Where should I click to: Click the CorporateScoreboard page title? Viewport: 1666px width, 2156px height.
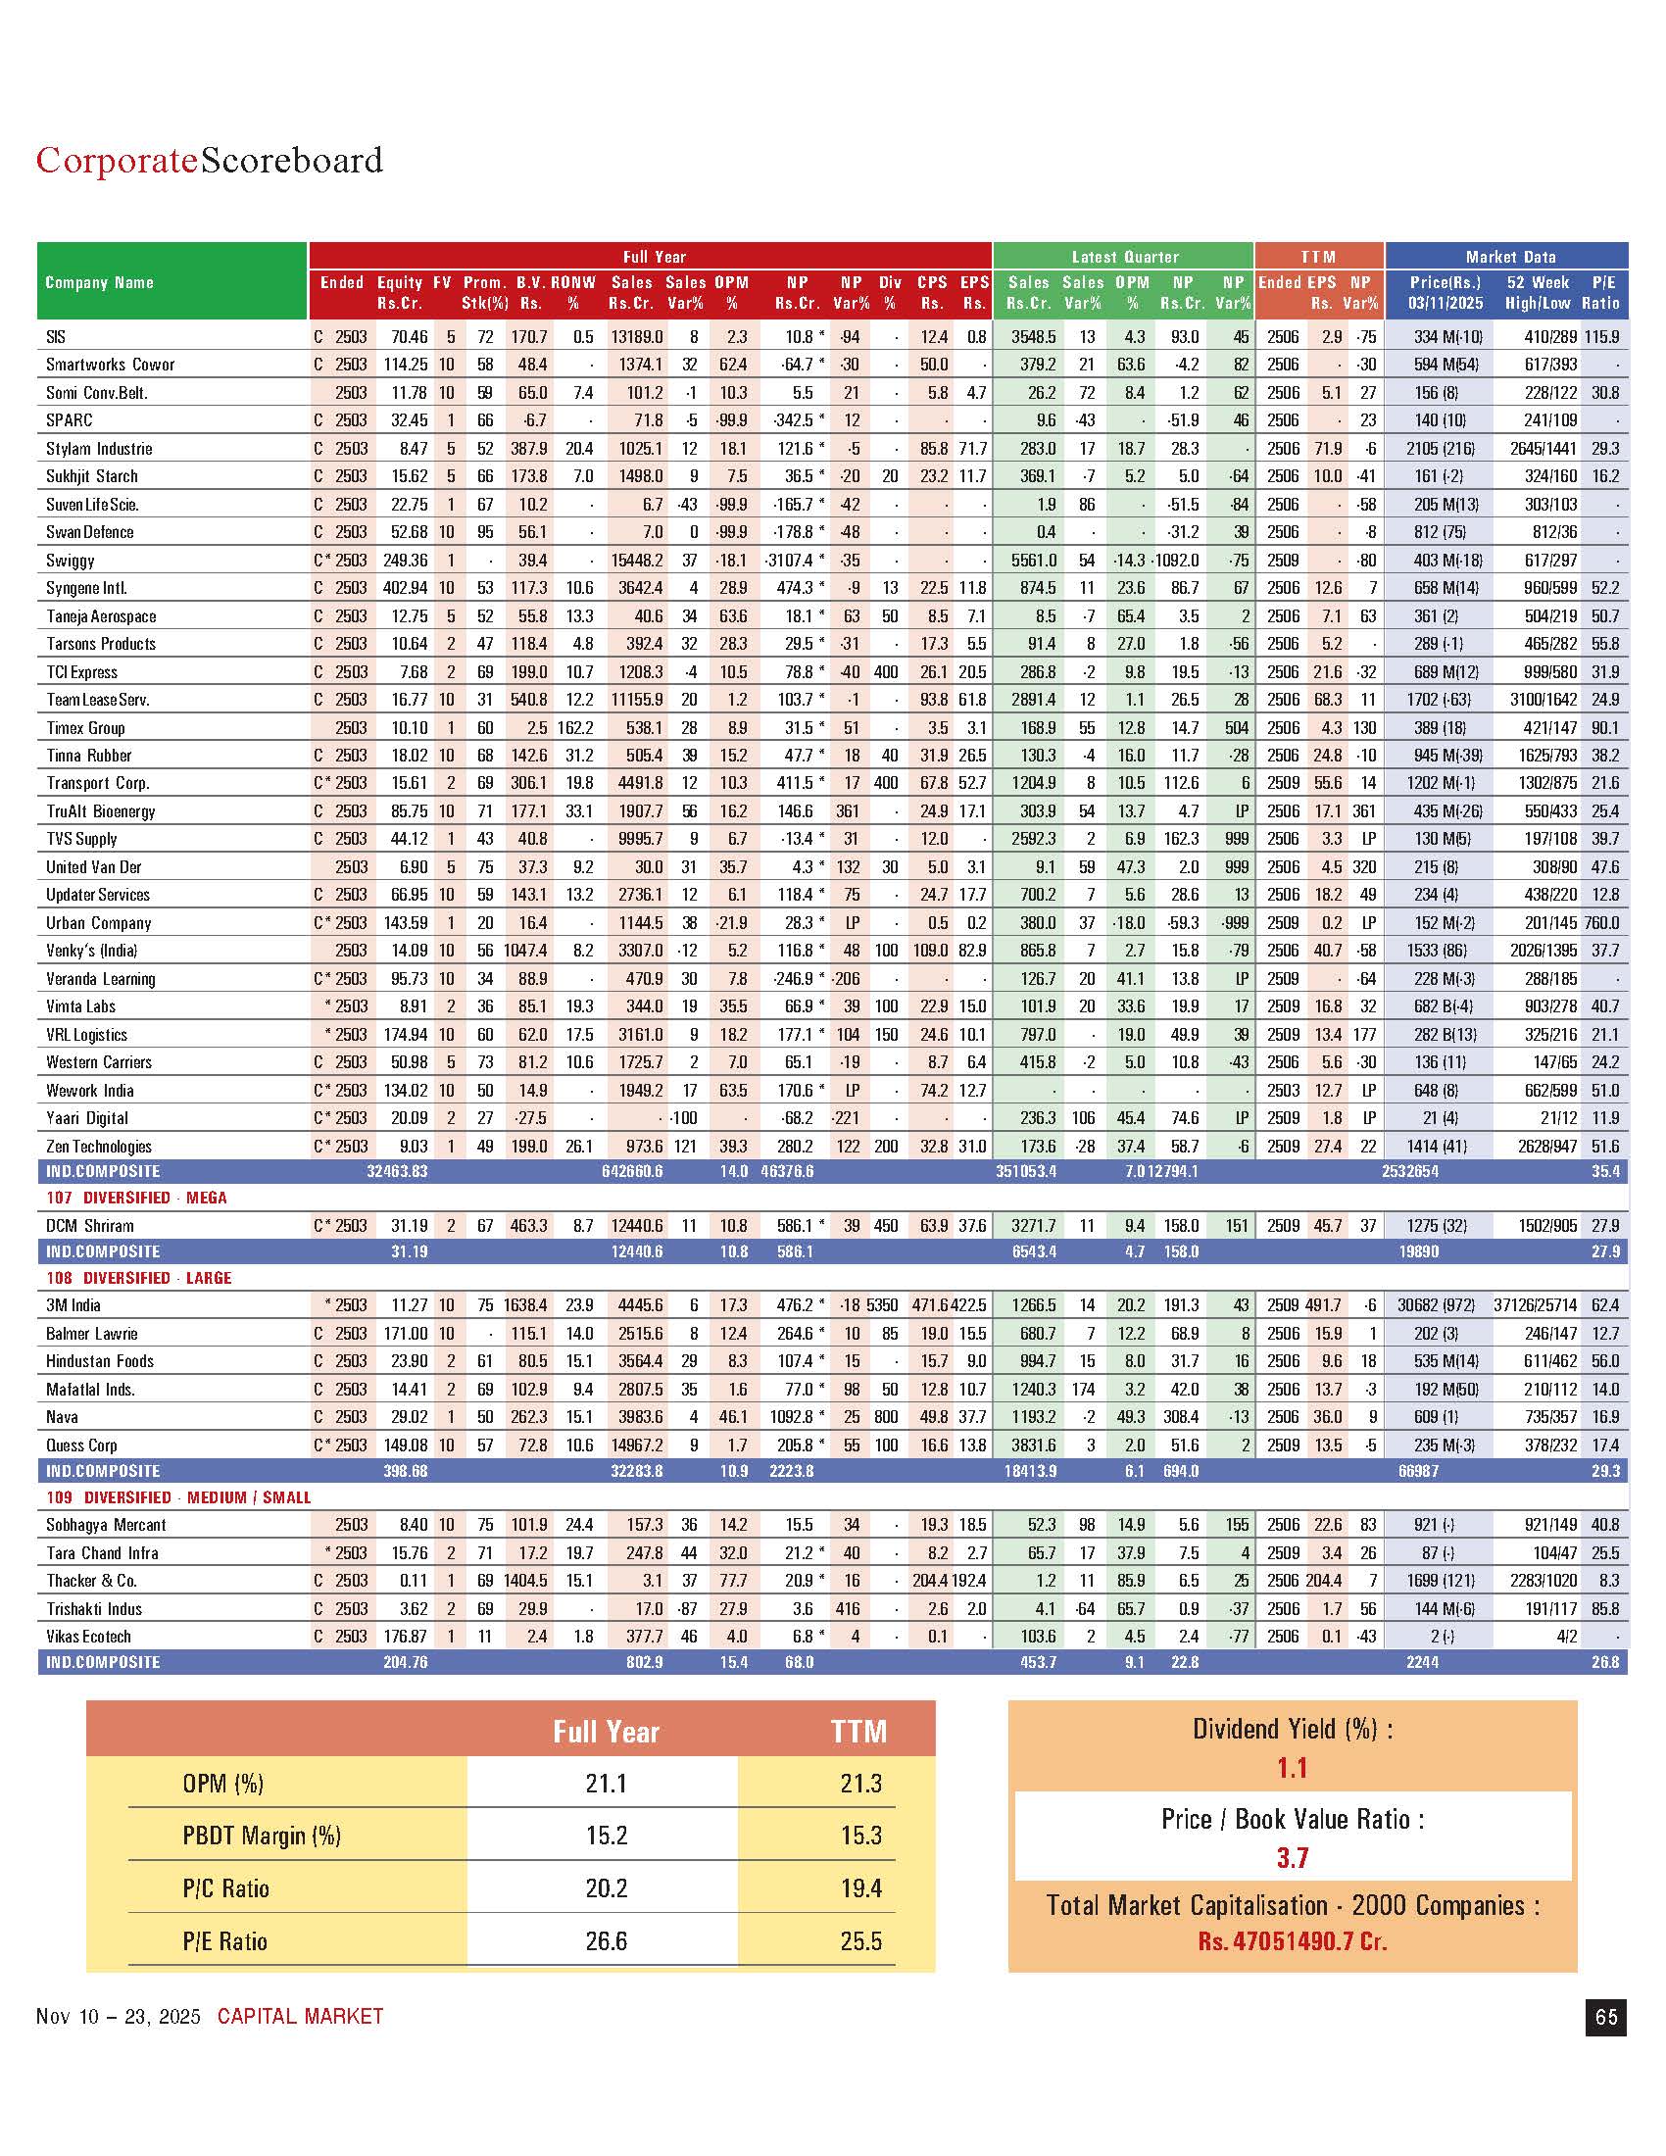coord(210,160)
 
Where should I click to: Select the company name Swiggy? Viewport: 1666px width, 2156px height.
coord(71,560)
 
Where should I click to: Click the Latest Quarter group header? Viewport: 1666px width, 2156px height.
coord(1124,257)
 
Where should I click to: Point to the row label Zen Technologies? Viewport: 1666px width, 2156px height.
coord(99,1147)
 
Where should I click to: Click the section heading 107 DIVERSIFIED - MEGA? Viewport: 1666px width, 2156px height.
coord(136,1198)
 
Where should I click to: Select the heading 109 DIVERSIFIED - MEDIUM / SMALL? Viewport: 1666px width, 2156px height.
coord(178,1497)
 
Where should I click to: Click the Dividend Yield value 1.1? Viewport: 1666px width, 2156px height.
coord(1292,1767)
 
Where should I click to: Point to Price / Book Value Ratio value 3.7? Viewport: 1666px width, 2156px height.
coord(1292,1858)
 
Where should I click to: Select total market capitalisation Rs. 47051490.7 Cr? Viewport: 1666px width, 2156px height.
coord(1292,1940)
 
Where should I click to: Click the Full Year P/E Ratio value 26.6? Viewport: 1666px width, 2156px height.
coord(606,1940)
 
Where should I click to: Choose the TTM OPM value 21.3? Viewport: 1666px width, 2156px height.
coord(860,1784)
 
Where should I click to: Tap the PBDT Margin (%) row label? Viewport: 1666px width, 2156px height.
coord(262,1837)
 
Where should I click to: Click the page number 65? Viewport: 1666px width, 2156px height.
coord(1606,2016)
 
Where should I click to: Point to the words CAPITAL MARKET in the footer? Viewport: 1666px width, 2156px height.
coord(300,2016)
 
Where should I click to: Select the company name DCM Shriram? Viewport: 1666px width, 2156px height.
coord(90,1225)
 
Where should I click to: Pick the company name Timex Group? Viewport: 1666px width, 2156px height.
coord(85,727)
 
